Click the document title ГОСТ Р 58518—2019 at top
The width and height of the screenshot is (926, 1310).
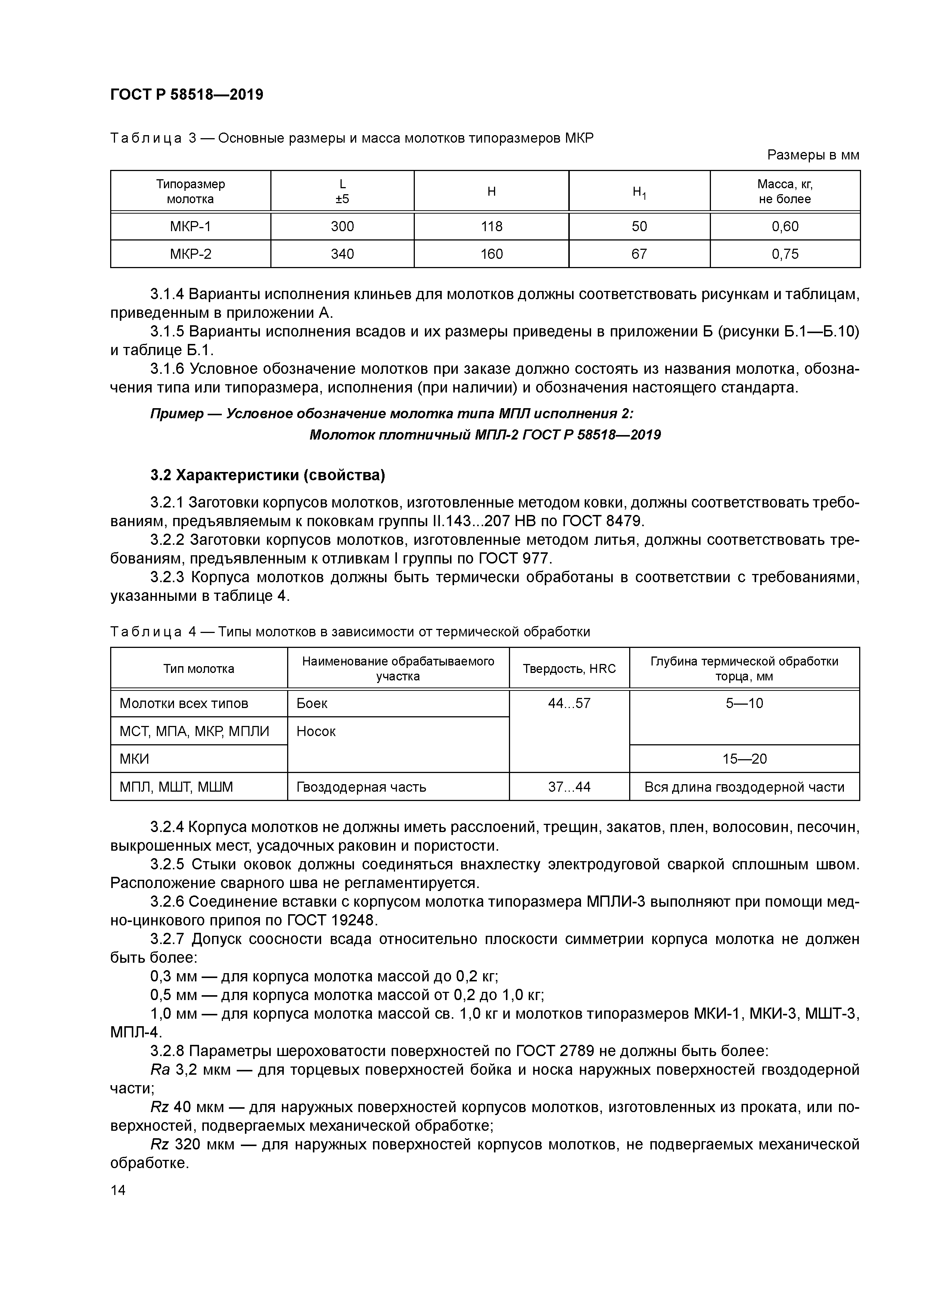pos(187,95)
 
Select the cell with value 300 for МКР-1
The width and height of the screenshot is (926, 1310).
pos(342,227)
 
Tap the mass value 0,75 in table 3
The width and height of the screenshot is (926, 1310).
pos(785,254)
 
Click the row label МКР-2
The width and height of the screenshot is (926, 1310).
pos(190,254)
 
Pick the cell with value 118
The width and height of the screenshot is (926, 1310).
pos(491,227)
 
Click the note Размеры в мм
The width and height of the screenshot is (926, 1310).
pos(813,155)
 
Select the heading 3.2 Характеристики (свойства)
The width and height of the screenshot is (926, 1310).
pos(268,475)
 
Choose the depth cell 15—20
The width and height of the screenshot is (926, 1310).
pos(744,759)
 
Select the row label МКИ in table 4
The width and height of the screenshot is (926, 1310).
pos(134,759)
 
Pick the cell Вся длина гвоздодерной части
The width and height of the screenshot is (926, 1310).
pos(744,787)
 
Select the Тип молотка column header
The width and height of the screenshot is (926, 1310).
pos(199,669)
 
